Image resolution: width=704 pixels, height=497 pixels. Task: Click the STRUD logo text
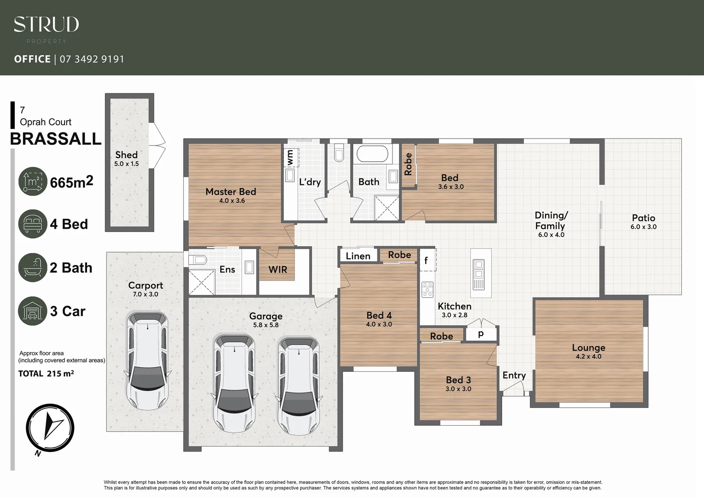click(x=46, y=24)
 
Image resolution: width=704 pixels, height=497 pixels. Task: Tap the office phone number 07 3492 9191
click(x=92, y=59)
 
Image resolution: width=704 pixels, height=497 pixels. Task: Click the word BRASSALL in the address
click(x=56, y=139)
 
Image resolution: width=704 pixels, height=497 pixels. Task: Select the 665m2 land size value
click(x=71, y=182)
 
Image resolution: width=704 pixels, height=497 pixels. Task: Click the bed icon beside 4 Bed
click(x=33, y=224)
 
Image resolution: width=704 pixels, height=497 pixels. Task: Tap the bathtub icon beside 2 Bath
click(x=33, y=267)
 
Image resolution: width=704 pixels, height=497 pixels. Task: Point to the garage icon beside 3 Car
click(x=33, y=311)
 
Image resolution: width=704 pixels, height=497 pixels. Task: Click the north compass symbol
click(x=50, y=428)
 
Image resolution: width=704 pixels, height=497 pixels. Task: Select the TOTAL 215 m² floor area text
click(x=46, y=374)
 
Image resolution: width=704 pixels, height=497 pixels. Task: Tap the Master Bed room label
click(x=230, y=191)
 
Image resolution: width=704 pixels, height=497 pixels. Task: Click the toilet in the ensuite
click(x=198, y=260)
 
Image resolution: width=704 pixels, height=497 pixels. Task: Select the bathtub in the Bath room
click(x=372, y=154)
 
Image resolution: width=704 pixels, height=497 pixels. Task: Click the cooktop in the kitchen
click(x=428, y=289)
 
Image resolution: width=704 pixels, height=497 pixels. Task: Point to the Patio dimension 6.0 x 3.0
click(x=643, y=227)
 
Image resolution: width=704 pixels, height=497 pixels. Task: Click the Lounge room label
click(x=588, y=347)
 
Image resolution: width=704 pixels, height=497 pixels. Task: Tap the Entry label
click(x=514, y=375)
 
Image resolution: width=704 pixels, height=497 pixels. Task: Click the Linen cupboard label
click(x=358, y=256)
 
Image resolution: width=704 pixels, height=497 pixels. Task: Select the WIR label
click(x=278, y=269)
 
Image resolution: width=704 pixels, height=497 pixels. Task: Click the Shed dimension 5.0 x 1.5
click(x=126, y=164)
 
